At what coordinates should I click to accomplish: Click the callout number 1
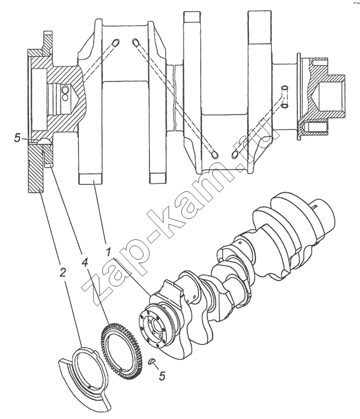coord(108,252)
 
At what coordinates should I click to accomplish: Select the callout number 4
coord(84,263)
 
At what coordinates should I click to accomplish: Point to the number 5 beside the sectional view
coord(17,138)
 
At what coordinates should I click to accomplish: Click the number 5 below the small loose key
coord(162,376)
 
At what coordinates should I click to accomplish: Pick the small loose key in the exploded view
coord(151,361)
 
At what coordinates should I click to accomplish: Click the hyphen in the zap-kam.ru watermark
coord(154,233)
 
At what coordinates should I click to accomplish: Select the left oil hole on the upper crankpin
coord(116,42)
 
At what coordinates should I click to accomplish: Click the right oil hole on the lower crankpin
coord(234,154)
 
